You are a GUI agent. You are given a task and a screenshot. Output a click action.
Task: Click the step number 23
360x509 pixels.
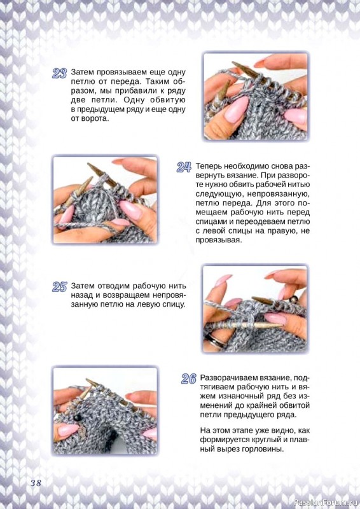click(x=59, y=73)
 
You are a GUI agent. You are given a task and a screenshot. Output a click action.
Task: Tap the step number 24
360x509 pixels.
click(x=184, y=167)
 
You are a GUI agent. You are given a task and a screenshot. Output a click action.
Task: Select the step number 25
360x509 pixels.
click(x=59, y=287)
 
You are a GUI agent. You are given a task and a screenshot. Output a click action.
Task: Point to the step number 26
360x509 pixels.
click(x=189, y=379)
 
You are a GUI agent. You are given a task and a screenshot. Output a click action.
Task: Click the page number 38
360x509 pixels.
click(x=36, y=483)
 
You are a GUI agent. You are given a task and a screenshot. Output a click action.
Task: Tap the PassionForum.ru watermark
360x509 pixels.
click(x=325, y=503)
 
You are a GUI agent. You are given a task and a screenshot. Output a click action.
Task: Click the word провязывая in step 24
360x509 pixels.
click(x=218, y=241)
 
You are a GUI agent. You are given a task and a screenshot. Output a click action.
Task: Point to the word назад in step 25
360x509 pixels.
click(x=81, y=296)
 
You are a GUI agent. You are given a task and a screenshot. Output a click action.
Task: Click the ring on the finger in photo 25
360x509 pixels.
click(x=214, y=342)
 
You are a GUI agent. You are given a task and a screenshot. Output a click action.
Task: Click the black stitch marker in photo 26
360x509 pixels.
click(x=77, y=418)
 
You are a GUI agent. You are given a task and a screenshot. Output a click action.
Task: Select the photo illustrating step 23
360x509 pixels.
click(x=256, y=97)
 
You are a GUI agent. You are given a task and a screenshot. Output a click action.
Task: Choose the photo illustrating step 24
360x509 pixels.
click(x=105, y=200)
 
